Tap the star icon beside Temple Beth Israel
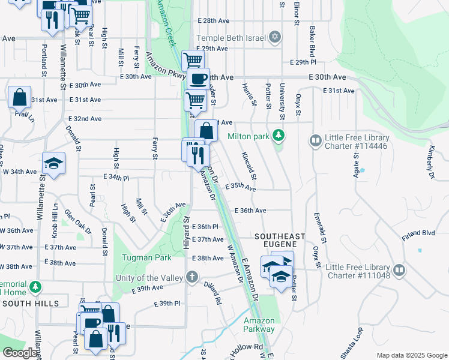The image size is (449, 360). [275, 37]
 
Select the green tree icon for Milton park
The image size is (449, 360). [277, 136]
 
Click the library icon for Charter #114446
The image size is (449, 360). [315, 141]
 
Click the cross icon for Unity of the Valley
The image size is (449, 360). [191, 277]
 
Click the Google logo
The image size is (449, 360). [20, 352]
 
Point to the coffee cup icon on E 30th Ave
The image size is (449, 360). [198, 79]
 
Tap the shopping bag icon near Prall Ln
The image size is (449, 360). [19, 97]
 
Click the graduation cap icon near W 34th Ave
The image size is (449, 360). [53, 163]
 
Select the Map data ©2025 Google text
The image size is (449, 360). [411, 355]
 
